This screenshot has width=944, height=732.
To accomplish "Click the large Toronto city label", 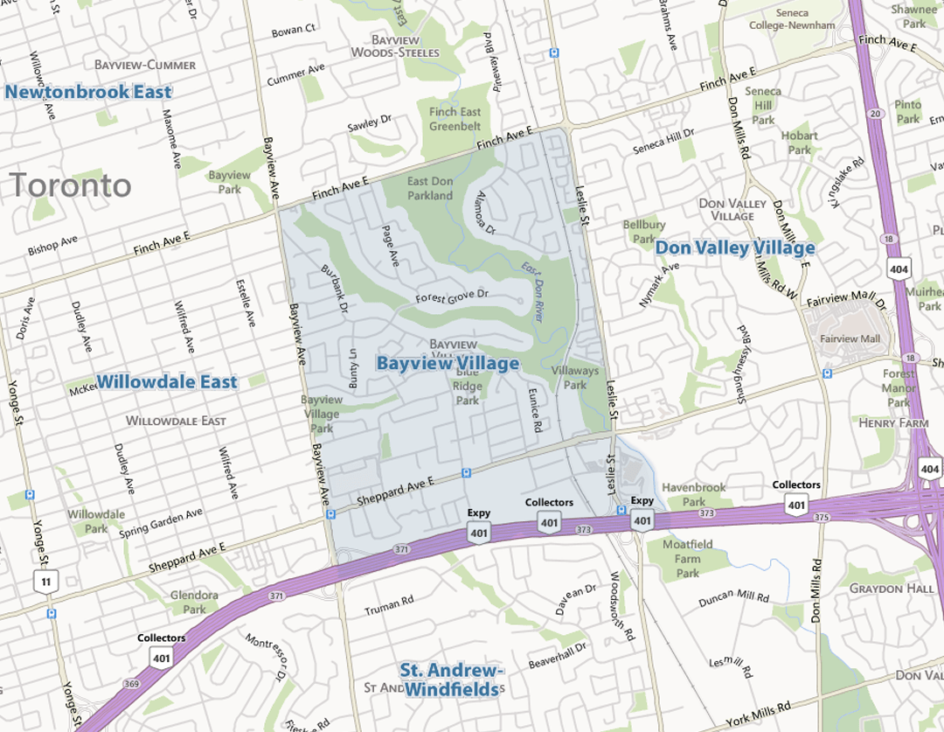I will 70,185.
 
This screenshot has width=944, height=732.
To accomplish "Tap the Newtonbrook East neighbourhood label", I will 88,92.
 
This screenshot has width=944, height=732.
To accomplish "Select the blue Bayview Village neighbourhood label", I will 448,363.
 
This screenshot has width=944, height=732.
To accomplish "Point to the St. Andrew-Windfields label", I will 451,680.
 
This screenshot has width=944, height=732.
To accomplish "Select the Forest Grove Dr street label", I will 451,296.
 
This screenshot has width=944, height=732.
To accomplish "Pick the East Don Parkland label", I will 430,188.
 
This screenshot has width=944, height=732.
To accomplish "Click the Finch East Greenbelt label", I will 455,119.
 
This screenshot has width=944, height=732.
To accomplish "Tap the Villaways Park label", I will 575,378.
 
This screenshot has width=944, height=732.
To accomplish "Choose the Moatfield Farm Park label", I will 688,558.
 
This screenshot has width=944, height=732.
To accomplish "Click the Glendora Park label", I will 194,602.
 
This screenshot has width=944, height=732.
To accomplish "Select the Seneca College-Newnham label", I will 791,19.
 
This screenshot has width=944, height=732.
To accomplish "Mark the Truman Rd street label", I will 388,604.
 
